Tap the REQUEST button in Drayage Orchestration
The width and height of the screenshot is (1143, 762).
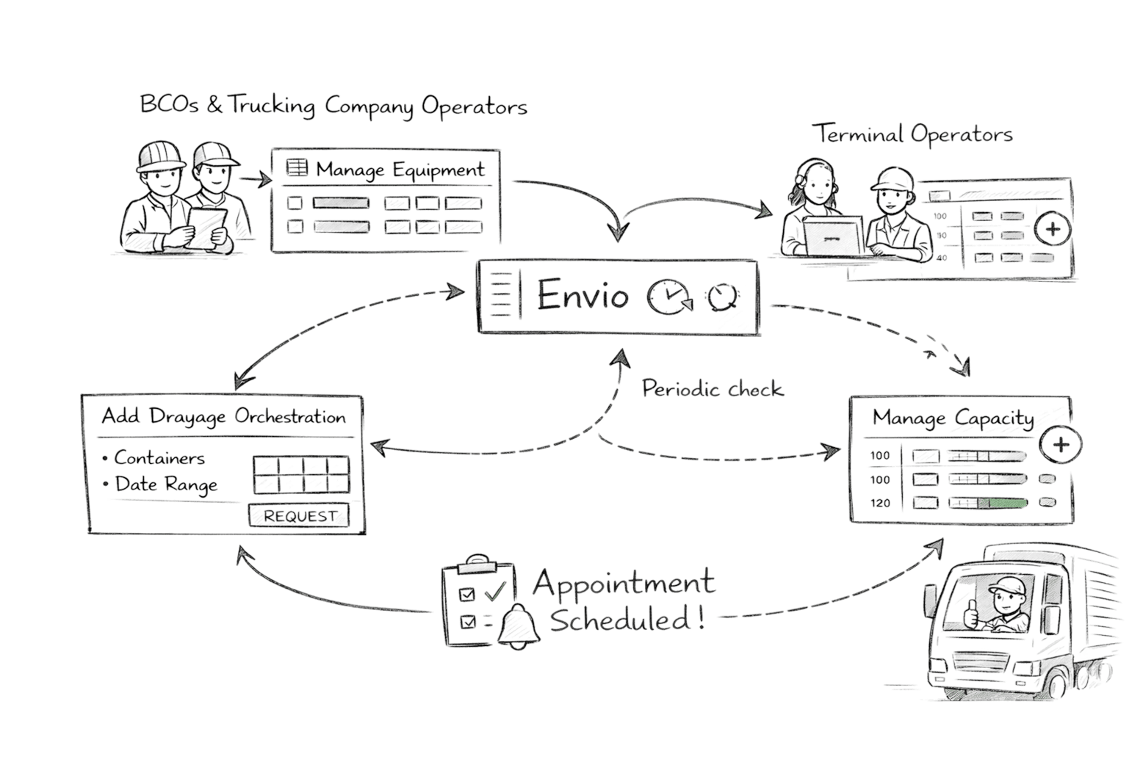click(298, 516)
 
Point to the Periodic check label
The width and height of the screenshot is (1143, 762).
click(712, 388)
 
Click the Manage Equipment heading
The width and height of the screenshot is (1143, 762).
click(400, 170)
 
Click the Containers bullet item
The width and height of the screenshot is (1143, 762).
click(159, 458)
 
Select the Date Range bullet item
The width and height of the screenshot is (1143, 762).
click(165, 485)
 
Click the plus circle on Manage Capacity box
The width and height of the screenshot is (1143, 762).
click(1061, 445)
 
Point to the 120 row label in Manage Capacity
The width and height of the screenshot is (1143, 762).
click(881, 504)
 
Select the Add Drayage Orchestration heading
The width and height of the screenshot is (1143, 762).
click(223, 416)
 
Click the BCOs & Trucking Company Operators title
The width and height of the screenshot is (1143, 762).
click(333, 106)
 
